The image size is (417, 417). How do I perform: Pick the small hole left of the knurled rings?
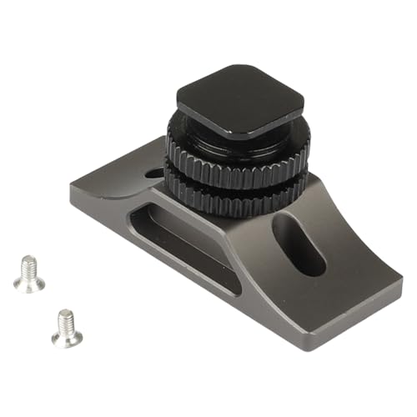[154, 174]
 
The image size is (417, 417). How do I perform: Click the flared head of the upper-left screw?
[29, 284]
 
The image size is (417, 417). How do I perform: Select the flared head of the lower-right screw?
[68, 337]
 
